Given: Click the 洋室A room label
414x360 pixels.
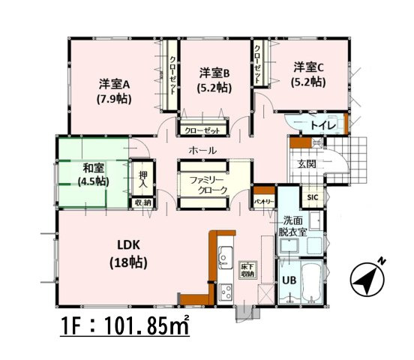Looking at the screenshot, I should (x=114, y=89).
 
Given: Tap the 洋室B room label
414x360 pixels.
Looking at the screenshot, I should (x=214, y=79).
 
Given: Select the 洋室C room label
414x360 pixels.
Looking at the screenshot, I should (x=308, y=73).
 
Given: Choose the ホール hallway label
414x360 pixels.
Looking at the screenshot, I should (x=202, y=151).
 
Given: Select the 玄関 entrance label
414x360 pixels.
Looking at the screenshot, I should (x=306, y=163).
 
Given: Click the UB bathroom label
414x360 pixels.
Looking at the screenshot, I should (x=289, y=280).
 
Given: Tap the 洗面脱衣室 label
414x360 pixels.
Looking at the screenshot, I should (x=293, y=226).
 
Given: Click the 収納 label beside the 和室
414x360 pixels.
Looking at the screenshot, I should (x=142, y=202).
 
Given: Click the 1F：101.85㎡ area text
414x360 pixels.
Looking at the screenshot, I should (x=124, y=326).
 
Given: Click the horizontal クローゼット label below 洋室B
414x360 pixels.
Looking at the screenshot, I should (x=203, y=130).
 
